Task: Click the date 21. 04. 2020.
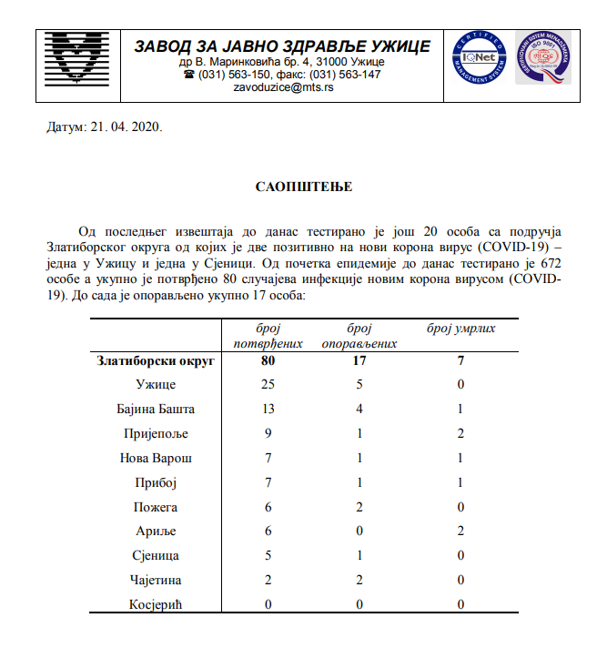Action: coord(103,128)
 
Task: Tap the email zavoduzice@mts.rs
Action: coord(282,88)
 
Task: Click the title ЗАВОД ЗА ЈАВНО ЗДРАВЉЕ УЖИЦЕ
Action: coord(282,47)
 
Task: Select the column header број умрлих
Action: coord(461,328)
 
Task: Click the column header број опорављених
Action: coord(360,336)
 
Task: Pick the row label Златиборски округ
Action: coord(156,361)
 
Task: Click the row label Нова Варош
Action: coord(156,458)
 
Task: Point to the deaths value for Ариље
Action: coord(461,532)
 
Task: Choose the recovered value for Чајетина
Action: coord(361,580)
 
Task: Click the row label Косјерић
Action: coord(156,604)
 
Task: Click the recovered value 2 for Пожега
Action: coord(361,507)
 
